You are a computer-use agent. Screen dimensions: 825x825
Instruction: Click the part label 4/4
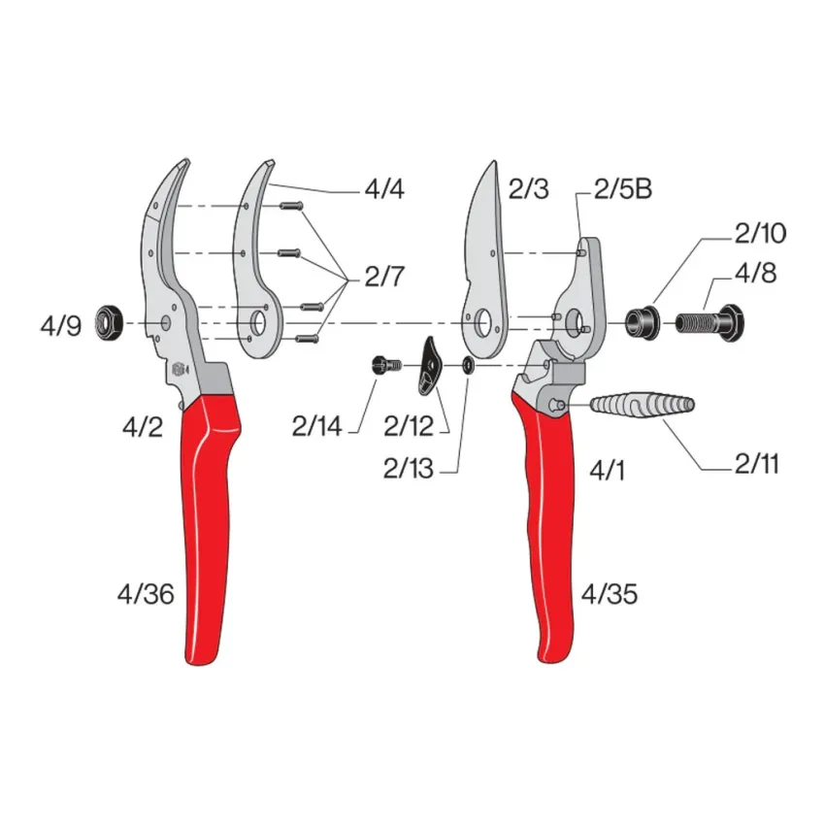click(384, 189)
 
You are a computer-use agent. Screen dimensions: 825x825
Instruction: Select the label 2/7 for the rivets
click(384, 277)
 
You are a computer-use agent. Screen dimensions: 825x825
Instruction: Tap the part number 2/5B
click(623, 189)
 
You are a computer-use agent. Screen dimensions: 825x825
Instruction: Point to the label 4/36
click(146, 595)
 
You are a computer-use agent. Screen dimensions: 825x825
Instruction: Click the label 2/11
click(757, 464)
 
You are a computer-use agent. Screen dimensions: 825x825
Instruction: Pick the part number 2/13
click(409, 468)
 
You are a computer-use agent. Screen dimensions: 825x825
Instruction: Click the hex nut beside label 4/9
click(109, 323)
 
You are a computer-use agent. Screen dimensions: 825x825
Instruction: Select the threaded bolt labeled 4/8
click(709, 322)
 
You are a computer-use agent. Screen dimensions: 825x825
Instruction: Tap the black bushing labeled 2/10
click(643, 322)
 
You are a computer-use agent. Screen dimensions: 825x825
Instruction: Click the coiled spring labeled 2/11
click(643, 405)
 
